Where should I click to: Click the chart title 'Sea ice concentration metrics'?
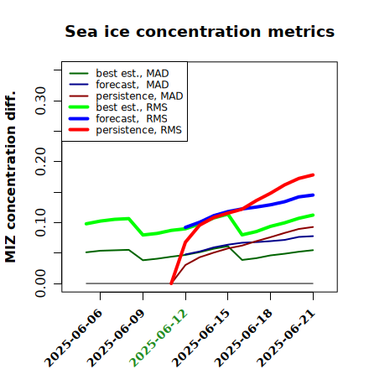click(x=200, y=31)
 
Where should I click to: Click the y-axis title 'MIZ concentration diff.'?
click(x=10, y=177)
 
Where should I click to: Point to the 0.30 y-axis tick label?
click(x=41, y=101)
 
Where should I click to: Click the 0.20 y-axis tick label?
click(x=41, y=162)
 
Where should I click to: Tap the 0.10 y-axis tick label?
click(x=41, y=222)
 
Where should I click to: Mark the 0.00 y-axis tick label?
click(x=41, y=283)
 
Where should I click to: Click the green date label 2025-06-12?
click(x=159, y=338)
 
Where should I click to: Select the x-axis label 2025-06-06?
click(x=73, y=338)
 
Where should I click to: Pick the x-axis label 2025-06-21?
click(x=286, y=338)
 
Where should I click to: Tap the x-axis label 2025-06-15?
click(x=201, y=338)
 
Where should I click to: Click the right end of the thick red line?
click(x=313, y=175)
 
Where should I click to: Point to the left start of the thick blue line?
click(x=185, y=227)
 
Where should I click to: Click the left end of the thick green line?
click(x=86, y=224)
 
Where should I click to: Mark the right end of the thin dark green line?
click(x=313, y=250)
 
